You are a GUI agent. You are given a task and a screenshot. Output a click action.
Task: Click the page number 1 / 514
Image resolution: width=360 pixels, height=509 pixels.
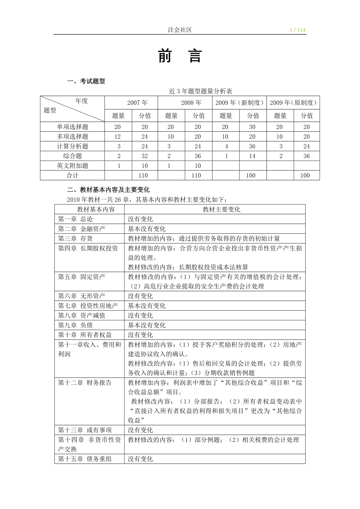[297, 30]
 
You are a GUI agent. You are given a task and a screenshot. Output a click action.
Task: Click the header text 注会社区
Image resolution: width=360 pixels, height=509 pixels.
[180, 30]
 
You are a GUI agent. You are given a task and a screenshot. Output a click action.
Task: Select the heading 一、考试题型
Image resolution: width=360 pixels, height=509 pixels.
[86, 81]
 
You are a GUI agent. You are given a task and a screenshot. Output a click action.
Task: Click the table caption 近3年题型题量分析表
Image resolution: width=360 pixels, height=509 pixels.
[200, 91]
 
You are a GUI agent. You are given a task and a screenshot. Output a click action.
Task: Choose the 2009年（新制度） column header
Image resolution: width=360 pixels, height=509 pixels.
[239, 103]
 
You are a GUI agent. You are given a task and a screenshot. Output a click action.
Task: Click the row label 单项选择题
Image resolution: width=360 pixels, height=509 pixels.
[72, 127]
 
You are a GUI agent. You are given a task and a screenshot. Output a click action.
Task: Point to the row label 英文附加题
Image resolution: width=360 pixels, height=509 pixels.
[72, 166]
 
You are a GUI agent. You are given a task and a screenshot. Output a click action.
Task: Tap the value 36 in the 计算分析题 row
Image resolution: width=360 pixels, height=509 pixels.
[252, 146]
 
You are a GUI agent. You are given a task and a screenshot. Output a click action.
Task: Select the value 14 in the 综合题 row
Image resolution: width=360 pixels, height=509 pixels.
[252, 156]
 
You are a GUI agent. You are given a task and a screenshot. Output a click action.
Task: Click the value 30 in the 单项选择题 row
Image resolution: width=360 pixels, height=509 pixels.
[252, 127]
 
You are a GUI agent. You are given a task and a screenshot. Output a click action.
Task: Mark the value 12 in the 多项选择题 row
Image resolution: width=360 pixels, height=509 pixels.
[118, 136]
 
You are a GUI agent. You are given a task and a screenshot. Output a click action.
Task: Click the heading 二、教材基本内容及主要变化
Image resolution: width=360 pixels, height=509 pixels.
[108, 190]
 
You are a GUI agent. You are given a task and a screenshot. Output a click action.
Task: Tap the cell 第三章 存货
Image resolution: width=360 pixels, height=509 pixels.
[76, 238]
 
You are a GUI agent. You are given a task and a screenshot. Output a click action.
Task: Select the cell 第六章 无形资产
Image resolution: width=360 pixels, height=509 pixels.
[82, 296]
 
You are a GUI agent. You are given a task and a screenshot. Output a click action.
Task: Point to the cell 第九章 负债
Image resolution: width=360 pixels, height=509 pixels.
[76, 325]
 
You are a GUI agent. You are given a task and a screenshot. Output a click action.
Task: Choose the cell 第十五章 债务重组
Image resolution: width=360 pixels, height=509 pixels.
[85, 459]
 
